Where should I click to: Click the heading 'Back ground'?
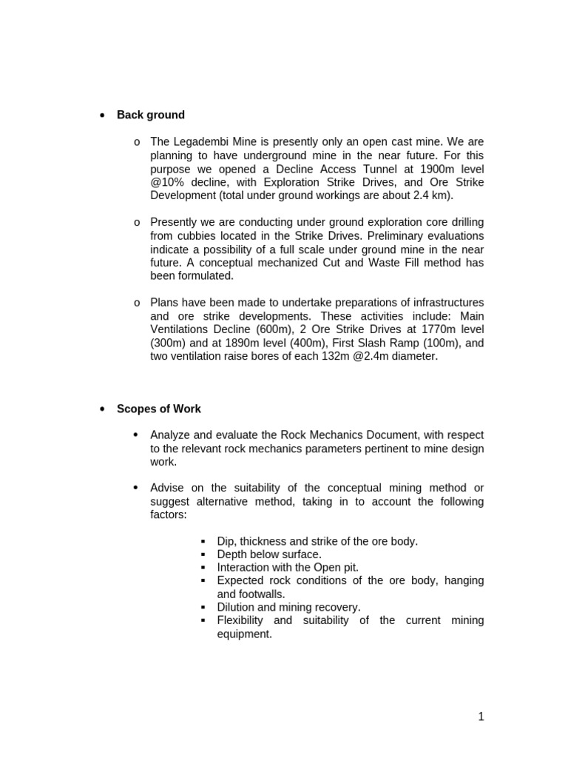151,115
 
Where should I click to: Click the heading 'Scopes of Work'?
159,409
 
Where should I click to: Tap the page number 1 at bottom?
481,716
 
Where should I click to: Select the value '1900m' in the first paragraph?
418,168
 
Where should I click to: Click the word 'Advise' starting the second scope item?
169,487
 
